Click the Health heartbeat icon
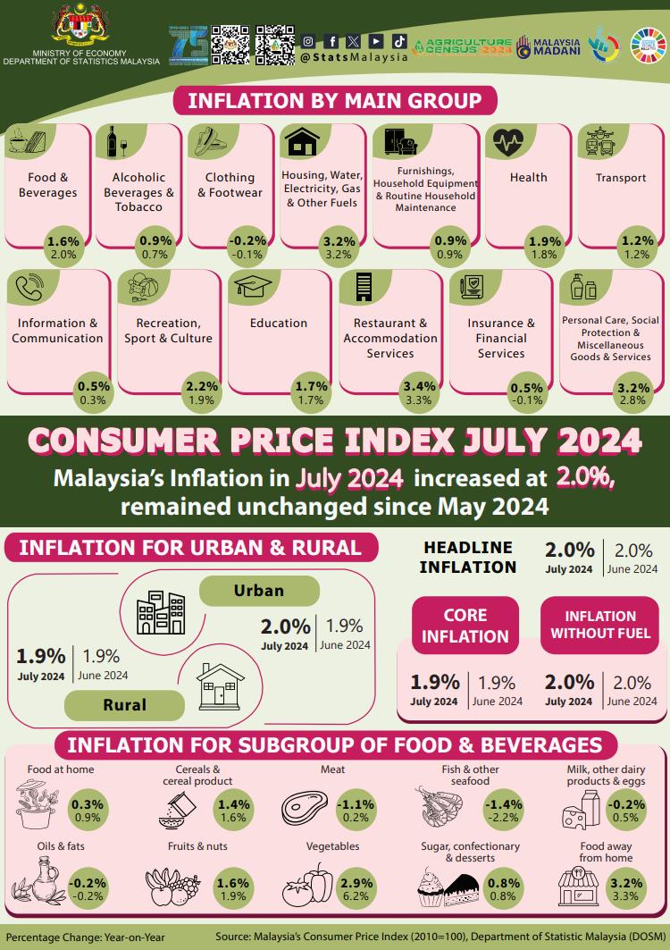pos(507,141)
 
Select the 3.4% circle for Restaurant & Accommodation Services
pos(420,392)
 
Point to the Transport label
pos(621,178)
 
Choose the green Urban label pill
pos(259,591)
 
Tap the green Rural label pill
pos(125,704)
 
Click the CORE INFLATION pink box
pos(465,626)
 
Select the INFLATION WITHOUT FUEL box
pos(599,626)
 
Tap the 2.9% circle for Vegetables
pos(356,888)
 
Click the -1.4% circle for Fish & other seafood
pos(503,810)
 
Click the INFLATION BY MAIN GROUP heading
pos(334,100)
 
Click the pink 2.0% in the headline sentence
pos(584,478)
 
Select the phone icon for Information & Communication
pos(29,288)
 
